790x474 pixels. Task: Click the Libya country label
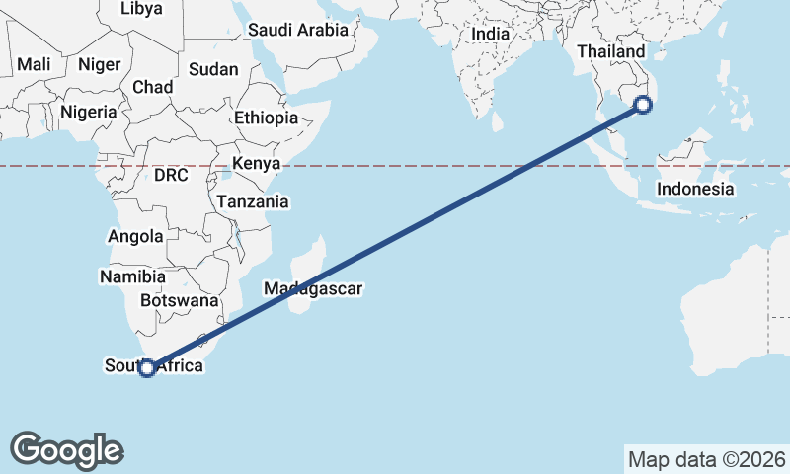point(140,9)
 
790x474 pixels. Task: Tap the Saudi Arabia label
point(298,30)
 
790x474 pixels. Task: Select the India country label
point(490,34)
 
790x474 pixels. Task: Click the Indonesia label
point(695,189)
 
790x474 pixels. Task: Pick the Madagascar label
point(313,289)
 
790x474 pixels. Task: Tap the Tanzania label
point(254,201)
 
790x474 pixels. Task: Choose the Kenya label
point(257,164)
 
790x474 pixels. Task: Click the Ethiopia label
point(266,118)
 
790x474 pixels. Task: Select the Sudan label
point(213,69)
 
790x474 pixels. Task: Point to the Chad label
point(152,87)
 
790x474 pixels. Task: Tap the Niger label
point(99,64)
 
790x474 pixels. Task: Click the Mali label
point(34,64)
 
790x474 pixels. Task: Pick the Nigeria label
point(88,112)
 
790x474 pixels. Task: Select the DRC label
point(170,175)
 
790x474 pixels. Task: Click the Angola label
point(135,237)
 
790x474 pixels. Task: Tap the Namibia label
point(126,277)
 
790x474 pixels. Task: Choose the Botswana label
point(179,300)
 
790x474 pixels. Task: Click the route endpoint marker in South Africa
point(147,368)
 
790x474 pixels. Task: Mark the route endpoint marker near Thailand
point(643,104)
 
